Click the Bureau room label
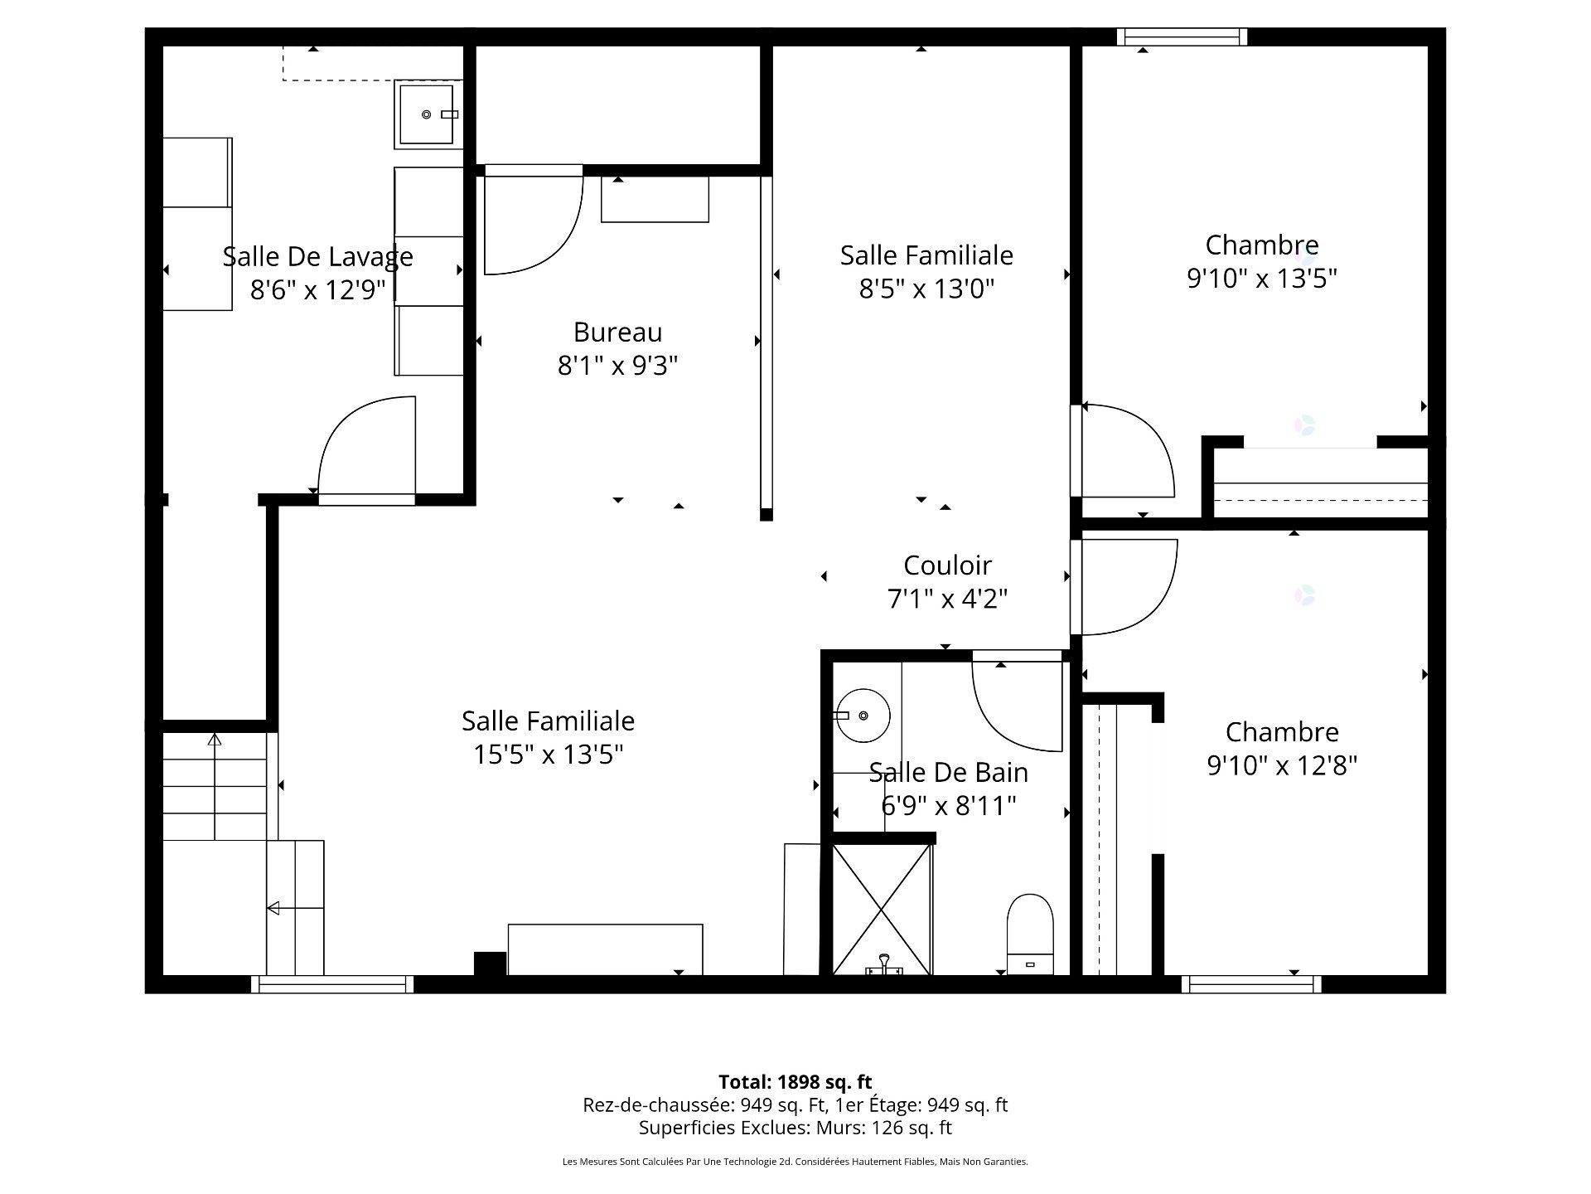(x=617, y=332)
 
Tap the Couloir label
(x=947, y=565)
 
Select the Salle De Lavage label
(x=317, y=256)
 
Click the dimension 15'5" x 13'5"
(x=548, y=755)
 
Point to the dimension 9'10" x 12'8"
(x=1282, y=764)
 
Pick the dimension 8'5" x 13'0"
(x=926, y=289)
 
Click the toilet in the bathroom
(x=1030, y=934)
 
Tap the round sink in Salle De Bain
(x=863, y=715)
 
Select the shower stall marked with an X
(x=882, y=909)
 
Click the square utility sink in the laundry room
(x=428, y=114)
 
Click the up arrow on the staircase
(x=215, y=786)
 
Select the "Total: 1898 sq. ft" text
(x=795, y=1082)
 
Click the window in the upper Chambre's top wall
(x=1182, y=36)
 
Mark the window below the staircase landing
(x=332, y=984)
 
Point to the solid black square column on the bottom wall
(x=490, y=963)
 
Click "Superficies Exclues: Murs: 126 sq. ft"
(x=795, y=1128)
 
